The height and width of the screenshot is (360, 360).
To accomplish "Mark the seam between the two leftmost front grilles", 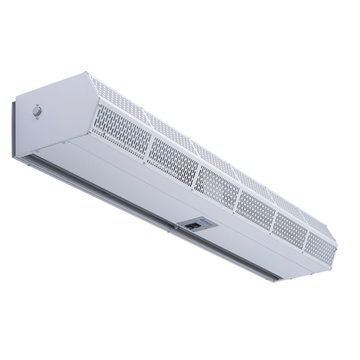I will coord(148,148).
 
